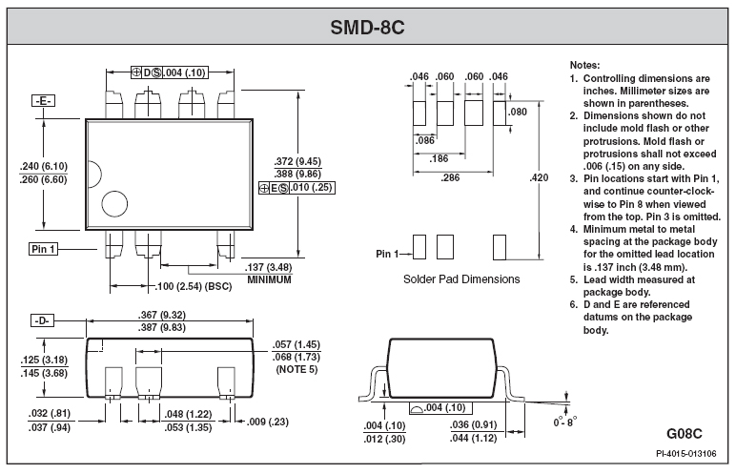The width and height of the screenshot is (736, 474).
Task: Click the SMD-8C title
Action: (367, 28)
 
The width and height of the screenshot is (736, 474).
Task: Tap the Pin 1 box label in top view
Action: (43, 249)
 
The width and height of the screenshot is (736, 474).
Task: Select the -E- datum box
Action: (43, 100)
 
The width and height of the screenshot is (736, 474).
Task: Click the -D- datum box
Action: (42, 320)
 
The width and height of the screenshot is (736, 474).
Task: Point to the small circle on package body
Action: (114, 204)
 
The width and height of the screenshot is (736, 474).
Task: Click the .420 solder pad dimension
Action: (539, 177)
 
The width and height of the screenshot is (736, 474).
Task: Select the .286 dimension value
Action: (450, 177)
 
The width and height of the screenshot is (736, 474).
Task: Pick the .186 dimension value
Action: (439, 158)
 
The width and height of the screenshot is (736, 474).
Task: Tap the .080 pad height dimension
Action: (518, 112)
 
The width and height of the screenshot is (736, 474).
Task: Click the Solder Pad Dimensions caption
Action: (461, 279)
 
